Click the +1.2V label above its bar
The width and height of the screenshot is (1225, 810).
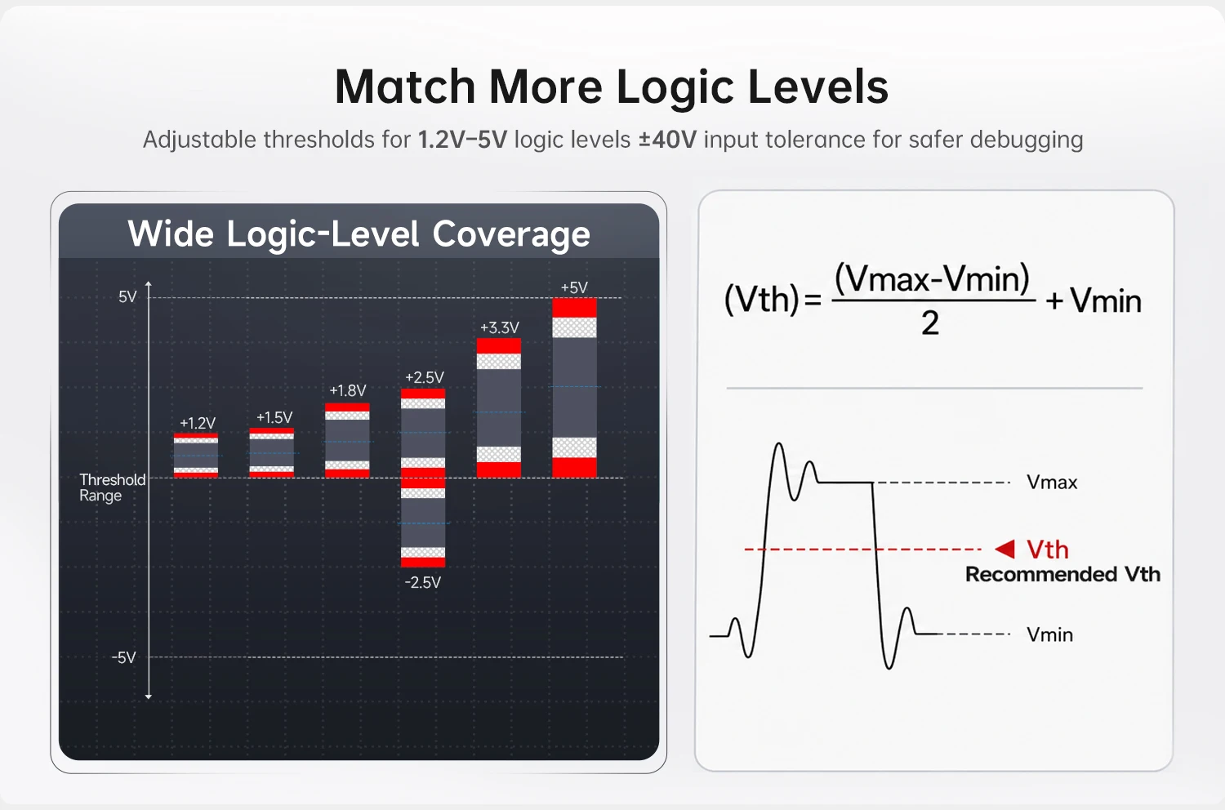coord(198,423)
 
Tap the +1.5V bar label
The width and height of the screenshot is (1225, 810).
coord(274,417)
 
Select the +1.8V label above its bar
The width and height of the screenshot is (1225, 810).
coord(347,390)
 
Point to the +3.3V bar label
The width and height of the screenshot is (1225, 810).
coord(499,327)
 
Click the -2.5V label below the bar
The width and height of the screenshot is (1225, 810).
coord(423,582)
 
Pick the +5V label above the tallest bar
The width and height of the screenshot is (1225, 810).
coord(574,287)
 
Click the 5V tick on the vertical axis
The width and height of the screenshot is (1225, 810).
coord(127,297)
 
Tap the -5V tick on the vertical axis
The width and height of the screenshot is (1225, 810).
coord(123,657)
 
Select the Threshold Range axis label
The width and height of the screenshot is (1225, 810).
coord(112,487)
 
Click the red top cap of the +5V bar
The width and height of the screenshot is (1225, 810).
coord(574,308)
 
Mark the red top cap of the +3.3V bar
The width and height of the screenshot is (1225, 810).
coord(499,346)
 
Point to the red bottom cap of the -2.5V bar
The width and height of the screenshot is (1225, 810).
coord(423,563)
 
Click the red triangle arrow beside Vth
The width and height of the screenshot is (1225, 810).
coord(1005,549)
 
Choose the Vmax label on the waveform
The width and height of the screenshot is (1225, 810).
coord(1052,483)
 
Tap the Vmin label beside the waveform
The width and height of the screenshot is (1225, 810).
coord(1049,634)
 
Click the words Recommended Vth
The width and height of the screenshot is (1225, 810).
coord(1062,574)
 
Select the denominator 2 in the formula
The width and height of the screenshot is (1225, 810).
coord(930,323)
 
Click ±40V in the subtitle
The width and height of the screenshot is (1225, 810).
coord(668,140)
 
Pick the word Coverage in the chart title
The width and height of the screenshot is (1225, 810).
coord(511,234)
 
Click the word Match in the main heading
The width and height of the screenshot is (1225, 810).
coord(405,87)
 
